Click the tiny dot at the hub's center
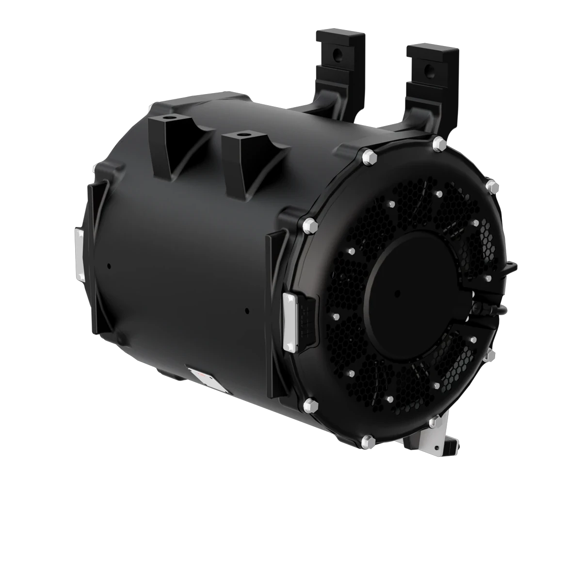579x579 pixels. [x=397, y=292]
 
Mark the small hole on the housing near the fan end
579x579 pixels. [x=247, y=311]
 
